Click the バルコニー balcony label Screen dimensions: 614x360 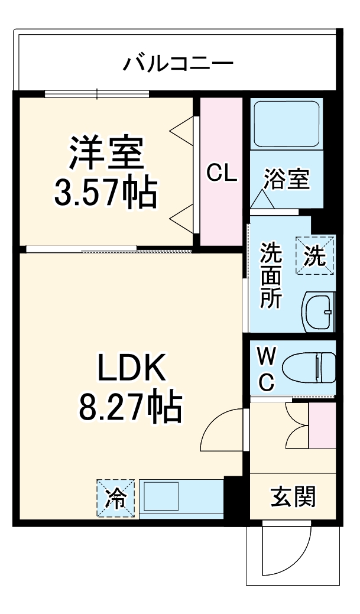click(178, 62)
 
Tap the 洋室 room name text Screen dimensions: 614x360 click(106, 152)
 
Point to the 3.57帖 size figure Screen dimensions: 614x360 click(106, 191)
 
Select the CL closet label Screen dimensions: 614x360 click(221, 173)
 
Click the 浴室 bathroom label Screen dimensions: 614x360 click(286, 178)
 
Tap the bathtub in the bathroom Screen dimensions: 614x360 click(286, 124)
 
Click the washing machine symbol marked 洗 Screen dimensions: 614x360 click(315, 255)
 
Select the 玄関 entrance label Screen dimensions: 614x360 click(293, 496)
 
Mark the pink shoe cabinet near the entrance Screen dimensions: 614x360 click(322, 424)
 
